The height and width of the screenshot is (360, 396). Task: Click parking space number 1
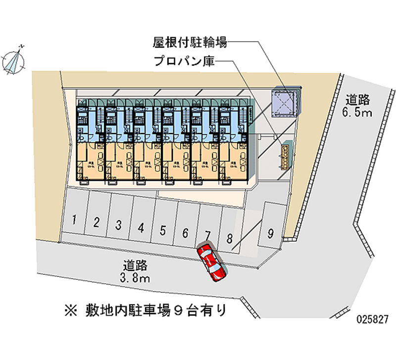click(74, 220)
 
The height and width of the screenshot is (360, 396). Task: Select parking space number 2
click(97, 222)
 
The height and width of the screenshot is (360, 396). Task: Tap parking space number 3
click(119, 225)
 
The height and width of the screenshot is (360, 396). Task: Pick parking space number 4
click(141, 228)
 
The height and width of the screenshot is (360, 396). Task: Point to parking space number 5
click(163, 230)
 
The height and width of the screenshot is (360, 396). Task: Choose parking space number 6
click(185, 233)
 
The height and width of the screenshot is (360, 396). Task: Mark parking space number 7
click(207, 235)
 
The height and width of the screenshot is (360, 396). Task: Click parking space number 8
click(229, 238)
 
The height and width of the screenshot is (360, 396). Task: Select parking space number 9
click(270, 233)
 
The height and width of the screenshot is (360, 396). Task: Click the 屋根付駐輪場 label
click(190, 43)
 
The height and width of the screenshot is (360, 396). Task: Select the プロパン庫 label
click(184, 62)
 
